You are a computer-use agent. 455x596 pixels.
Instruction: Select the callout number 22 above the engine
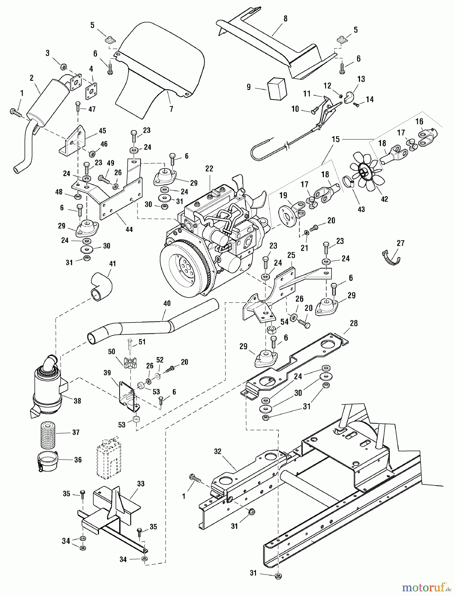[x=209, y=169]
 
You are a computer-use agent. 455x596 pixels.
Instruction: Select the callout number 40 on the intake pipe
[x=167, y=304]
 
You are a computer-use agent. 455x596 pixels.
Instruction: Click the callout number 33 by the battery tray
[x=141, y=484]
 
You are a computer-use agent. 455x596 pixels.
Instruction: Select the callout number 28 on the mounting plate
[x=354, y=323]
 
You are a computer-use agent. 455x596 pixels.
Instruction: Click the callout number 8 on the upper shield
[x=285, y=19]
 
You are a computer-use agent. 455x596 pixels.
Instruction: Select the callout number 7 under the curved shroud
[x=171, y=109]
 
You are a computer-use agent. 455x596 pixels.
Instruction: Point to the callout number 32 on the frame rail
[x=217, y=451]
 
